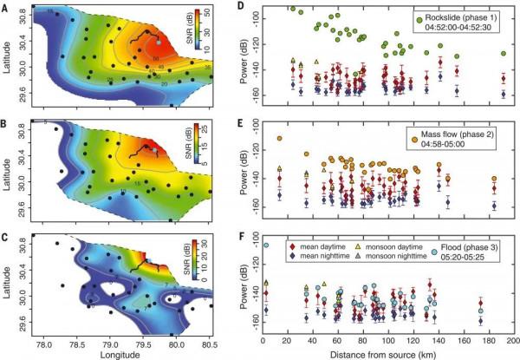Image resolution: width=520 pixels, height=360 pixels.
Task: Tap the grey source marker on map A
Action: (157, 41)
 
